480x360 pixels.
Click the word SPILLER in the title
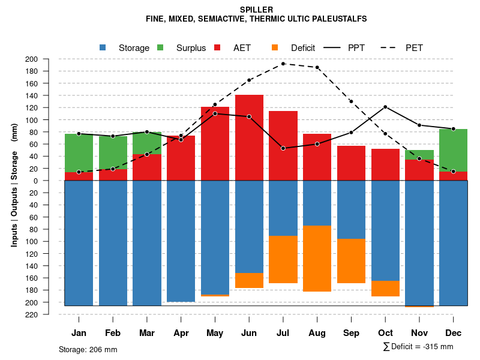click(x=256, y=10)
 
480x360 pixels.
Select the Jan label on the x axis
click(x=79, y=333)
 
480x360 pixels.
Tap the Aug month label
click(x=317, y=333)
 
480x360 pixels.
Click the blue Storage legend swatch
click(x=103, y=47)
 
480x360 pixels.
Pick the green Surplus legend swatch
click(x=160, y=47)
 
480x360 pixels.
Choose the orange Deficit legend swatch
click(x=274, y=47)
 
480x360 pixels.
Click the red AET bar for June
click(x=249, y=137)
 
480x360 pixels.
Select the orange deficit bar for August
click(x=317, y=259)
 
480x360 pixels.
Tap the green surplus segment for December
click(x=453, y=150)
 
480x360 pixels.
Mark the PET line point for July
click(x=283, y=64)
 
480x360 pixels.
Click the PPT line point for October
click(x=385, y=107)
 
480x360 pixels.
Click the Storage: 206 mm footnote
click(x=88, y=349)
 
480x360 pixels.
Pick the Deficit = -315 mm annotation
click(x=418, y=347)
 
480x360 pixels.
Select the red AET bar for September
click(x=351, y=163)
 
